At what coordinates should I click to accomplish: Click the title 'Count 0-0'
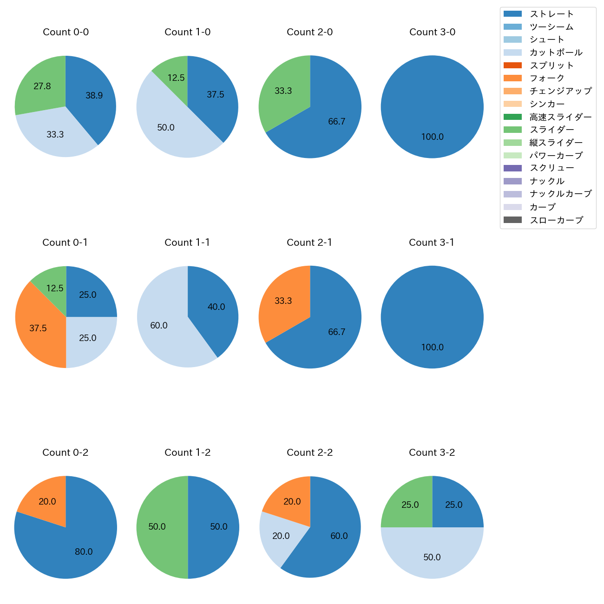click(x=66, y=32)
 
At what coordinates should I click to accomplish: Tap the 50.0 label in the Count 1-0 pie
click(x=166, y=127)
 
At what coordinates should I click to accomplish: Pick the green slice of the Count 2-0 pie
click(x=283, y=91)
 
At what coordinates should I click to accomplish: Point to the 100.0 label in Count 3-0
click(x=432, y=137)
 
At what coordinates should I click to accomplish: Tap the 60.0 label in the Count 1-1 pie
click(x=159, y=326)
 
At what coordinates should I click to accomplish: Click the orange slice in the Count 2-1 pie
click(x=283, y=301)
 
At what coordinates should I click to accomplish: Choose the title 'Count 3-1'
click(x=432, y=243)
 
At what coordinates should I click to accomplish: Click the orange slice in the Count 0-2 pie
click(x=46, y=501)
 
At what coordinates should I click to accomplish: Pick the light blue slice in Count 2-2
click(x=280, y=536)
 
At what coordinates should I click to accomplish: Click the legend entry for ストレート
click(x=551, y=14)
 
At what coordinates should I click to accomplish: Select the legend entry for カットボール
click(x=556, y=53)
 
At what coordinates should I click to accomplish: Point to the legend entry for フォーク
click(x=547, y=78)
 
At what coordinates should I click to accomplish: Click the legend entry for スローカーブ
click(x=556, y=220)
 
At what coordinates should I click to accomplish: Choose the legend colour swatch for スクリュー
click(x=512, y=168)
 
